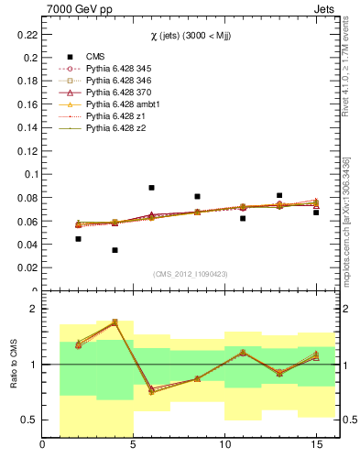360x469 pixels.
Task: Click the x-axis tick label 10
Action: [224, 445]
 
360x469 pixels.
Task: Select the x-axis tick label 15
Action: [315, 445]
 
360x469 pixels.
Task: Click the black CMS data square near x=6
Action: [151, 188]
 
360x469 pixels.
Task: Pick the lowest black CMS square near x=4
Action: [115, 250]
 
